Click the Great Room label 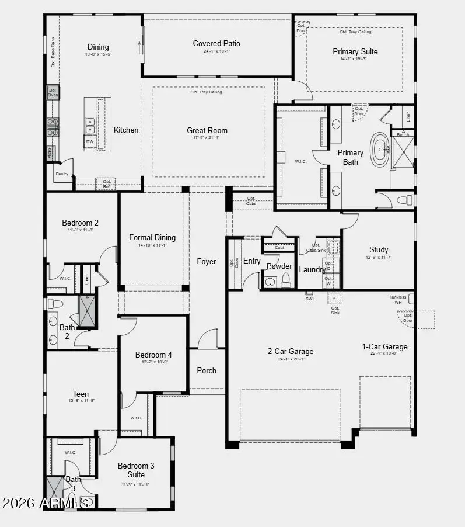(207, 130)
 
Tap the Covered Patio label (216, 43)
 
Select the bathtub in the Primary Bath (380, 150)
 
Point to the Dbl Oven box (53, 92)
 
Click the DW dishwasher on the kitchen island (90, 141)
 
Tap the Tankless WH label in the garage (398, 299)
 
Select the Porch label (207, 370)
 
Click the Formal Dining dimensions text (152, 245)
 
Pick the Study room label (379, 249)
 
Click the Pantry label (62, 174)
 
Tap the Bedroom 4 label (153, 355)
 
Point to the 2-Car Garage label (291, 351)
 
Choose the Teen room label (81, 394)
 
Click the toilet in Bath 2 (54, 304)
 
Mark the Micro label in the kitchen (50, 154)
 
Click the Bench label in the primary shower (403, 134)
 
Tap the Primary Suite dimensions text (355, 59)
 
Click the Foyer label (207, 261)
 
